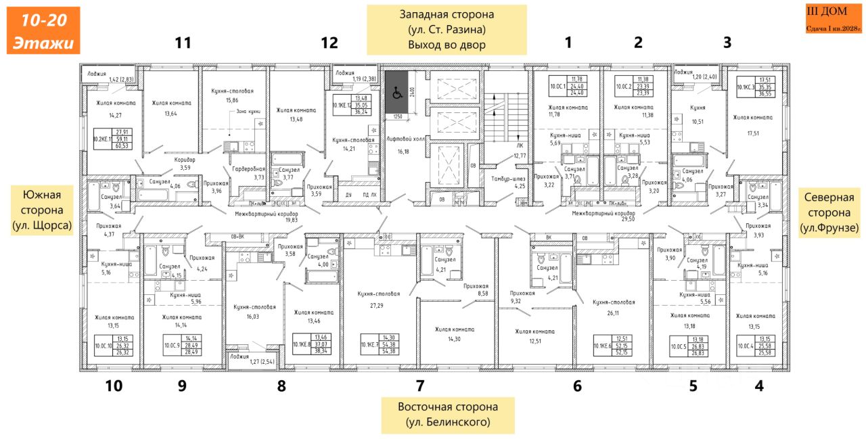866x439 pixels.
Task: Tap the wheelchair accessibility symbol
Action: [x=396, y=95]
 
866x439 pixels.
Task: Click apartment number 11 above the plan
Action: [x=183, y=43]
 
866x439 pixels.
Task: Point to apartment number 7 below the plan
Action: [x=420, y=386]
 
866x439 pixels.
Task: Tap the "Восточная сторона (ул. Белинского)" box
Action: [x=448, y=415]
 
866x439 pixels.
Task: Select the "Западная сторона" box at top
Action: [x=447, y=30]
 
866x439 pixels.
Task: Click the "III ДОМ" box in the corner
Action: [x=833, y=20]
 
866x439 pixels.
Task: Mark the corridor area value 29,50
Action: [x=609, y=219]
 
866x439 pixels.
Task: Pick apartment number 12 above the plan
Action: [x=329, y=43]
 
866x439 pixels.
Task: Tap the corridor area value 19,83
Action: [x=277, y=219]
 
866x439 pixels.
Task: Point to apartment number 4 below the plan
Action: [x=759, y=386]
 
